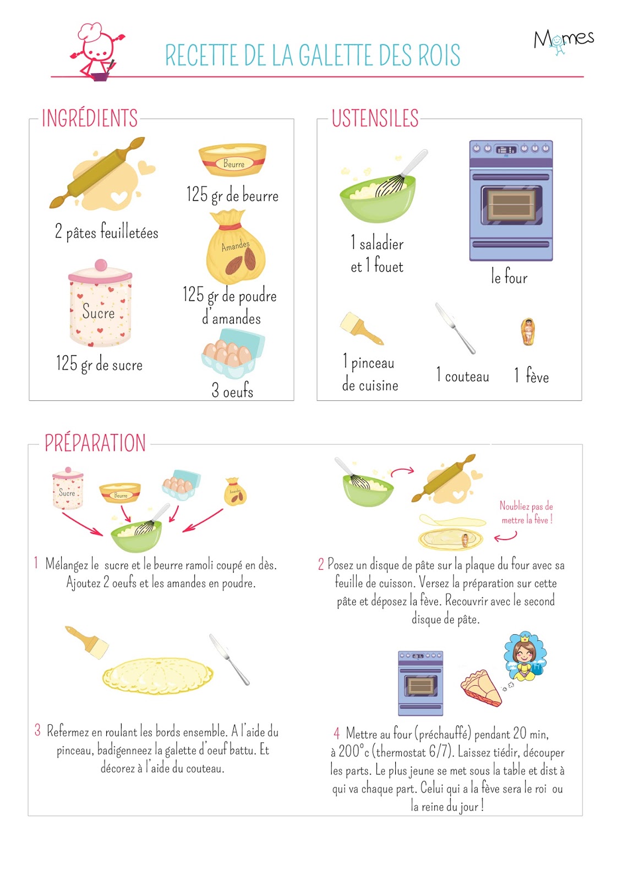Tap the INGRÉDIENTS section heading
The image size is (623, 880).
click(x=90, y=118)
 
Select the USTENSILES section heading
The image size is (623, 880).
click(x=375, y=118)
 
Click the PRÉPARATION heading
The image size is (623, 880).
click(x=95, y=443)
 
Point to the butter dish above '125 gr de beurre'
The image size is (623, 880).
click(x=232, y=159)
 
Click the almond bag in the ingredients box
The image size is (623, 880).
click(x=236, y=247)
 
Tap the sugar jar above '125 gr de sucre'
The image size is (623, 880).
click(x=100, y=303)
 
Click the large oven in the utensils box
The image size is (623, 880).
click(x=511, y=201)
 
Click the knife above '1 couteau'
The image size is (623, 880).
click(x=455, y=328)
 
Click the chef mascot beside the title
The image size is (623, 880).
click(x=97, y=51)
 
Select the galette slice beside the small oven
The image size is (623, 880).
click(x=482, y=689)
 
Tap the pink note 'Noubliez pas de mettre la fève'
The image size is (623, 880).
click(x=527, y=513)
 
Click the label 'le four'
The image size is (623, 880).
click(x=509, y=276)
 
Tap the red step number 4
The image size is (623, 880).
click(x=337, y=733)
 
